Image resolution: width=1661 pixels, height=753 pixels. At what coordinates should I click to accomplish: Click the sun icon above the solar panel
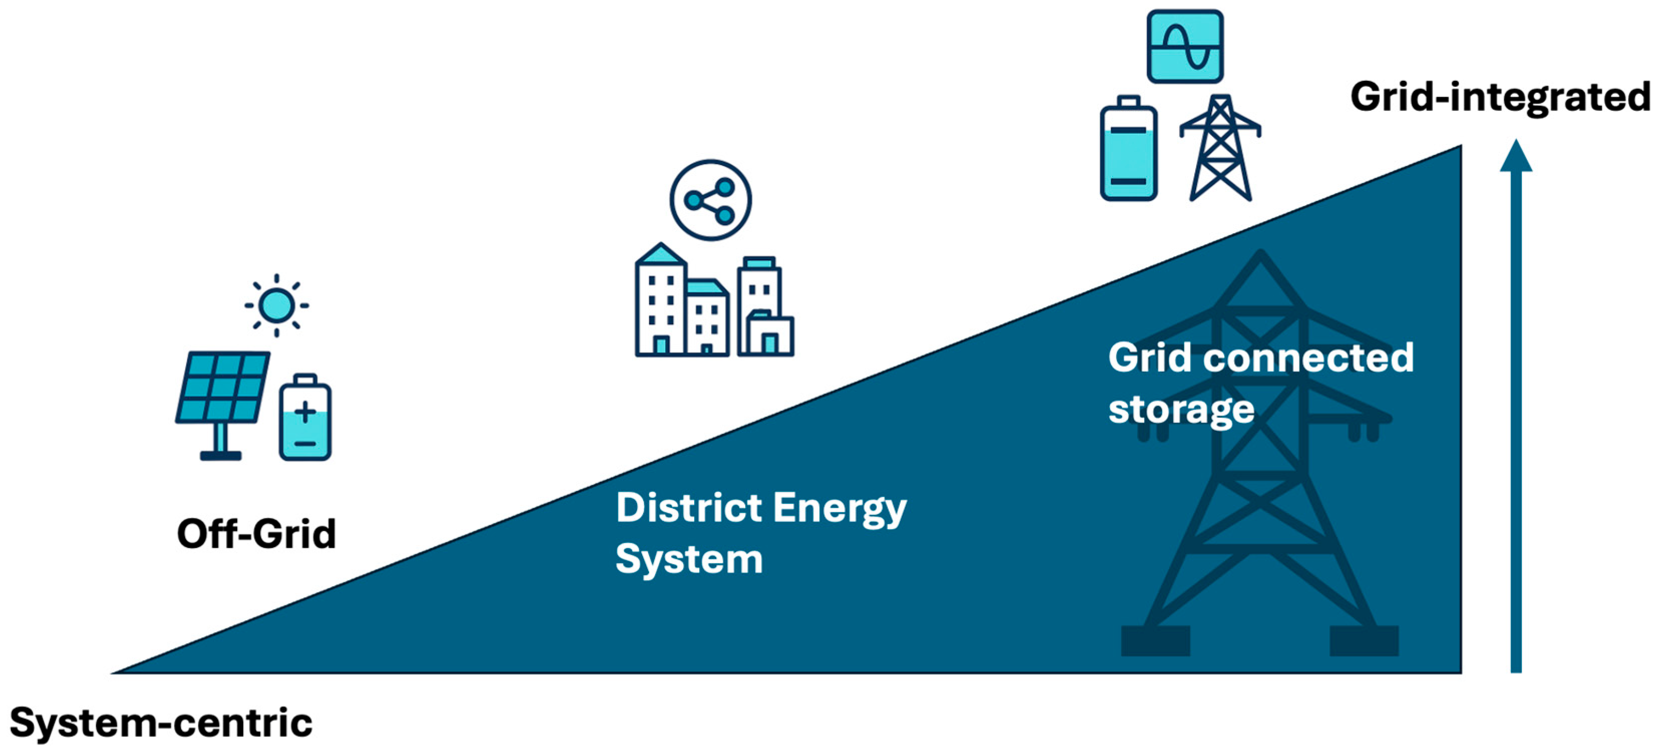[x=276, y=305]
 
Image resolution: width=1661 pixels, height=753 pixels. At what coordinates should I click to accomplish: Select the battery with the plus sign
[x=305, y=418]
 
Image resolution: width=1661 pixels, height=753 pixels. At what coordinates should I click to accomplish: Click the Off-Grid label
[x=256, y=534]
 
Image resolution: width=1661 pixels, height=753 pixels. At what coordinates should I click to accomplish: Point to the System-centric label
[x=161, y=723]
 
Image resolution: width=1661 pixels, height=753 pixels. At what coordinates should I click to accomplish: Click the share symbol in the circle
[x=710, y=201]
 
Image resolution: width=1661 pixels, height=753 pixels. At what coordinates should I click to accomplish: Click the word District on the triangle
[x=689, y=508]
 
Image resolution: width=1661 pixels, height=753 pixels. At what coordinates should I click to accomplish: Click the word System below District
[x=689, y=559]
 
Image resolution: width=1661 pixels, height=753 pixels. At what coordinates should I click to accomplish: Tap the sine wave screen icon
[x=1185, y=47]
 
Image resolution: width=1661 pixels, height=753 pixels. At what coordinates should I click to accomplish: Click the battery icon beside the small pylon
[x=1129, y=150]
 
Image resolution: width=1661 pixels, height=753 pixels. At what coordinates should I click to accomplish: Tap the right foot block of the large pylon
[x=1364, y=641]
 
